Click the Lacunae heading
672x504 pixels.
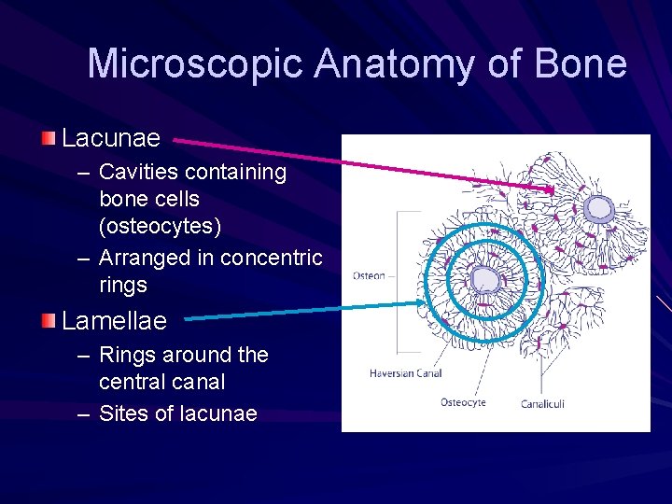(x=111, y=139)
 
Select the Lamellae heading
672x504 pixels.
(x=114, y=321)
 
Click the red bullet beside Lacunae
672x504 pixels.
(x=48, y=138)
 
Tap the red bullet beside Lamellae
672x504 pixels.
(x=48, y=320)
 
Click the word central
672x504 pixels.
(x=135, y=382)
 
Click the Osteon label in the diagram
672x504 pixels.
(x=368, y=276)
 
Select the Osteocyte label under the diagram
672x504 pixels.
(x=463, y=403)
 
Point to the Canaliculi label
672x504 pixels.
(x=541, y=403)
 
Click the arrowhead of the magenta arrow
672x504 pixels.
(x=552, y=189)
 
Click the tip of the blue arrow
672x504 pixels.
(x=425, y=302)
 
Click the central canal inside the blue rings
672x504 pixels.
(x=485, y=277)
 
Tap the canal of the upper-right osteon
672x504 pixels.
(x=598, y=210)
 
